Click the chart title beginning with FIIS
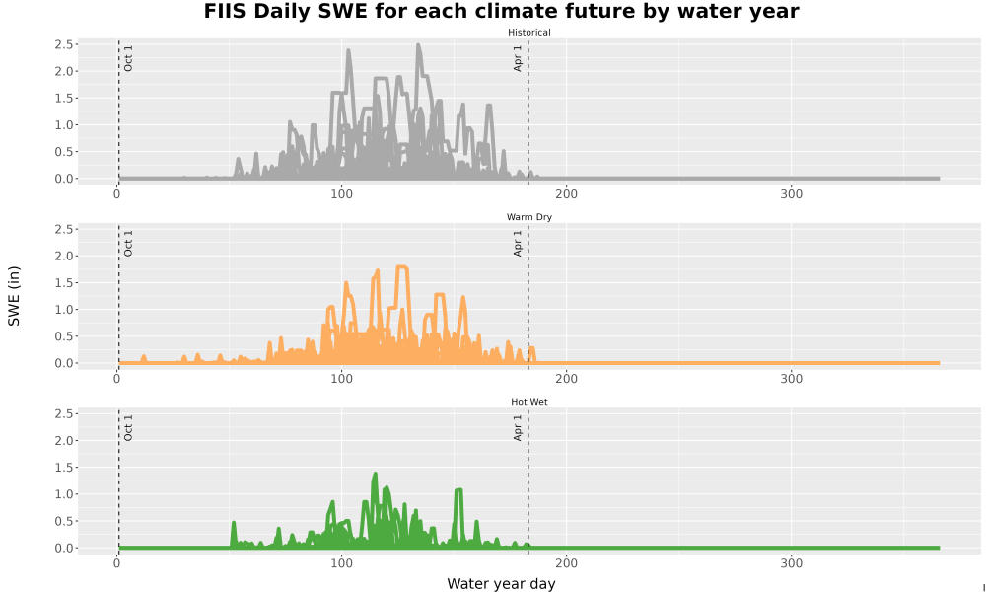501,11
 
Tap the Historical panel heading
528,33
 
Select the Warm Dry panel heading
528,217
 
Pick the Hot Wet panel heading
528,402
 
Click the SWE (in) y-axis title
14,296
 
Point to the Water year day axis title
501,584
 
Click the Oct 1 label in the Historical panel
128,58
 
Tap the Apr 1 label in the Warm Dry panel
518,243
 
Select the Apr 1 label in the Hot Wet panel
518,427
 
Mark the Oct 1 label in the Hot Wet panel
128,427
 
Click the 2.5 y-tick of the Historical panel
63,44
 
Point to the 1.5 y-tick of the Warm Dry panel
63,282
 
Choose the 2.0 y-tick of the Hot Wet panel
63,440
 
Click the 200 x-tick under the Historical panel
567,193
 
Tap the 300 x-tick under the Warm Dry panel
791,379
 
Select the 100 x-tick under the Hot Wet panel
341,563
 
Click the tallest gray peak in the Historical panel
419,45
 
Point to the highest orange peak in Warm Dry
402,267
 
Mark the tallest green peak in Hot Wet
376,474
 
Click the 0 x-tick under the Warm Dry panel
117,379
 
